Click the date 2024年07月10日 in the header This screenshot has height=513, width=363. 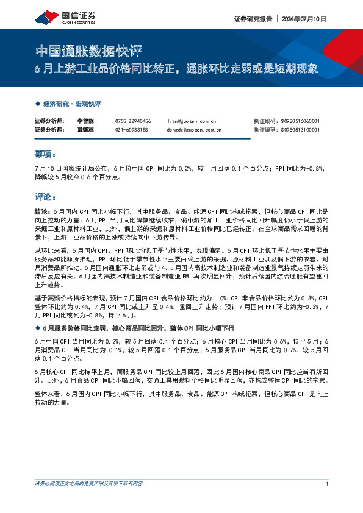pyautogui.click(x=304, y=19)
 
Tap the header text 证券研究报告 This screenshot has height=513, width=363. pyautogui.click(x=251, y=19)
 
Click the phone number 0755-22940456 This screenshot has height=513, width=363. pyautogui.click(x=133, y=121)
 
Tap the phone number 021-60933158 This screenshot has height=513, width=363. pyautogui.click(x=132, y=130)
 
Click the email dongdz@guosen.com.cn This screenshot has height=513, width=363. pyautogui.click(x=194, y=130)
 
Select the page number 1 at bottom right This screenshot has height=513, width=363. pyautogui.click(x=328, y=483)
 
